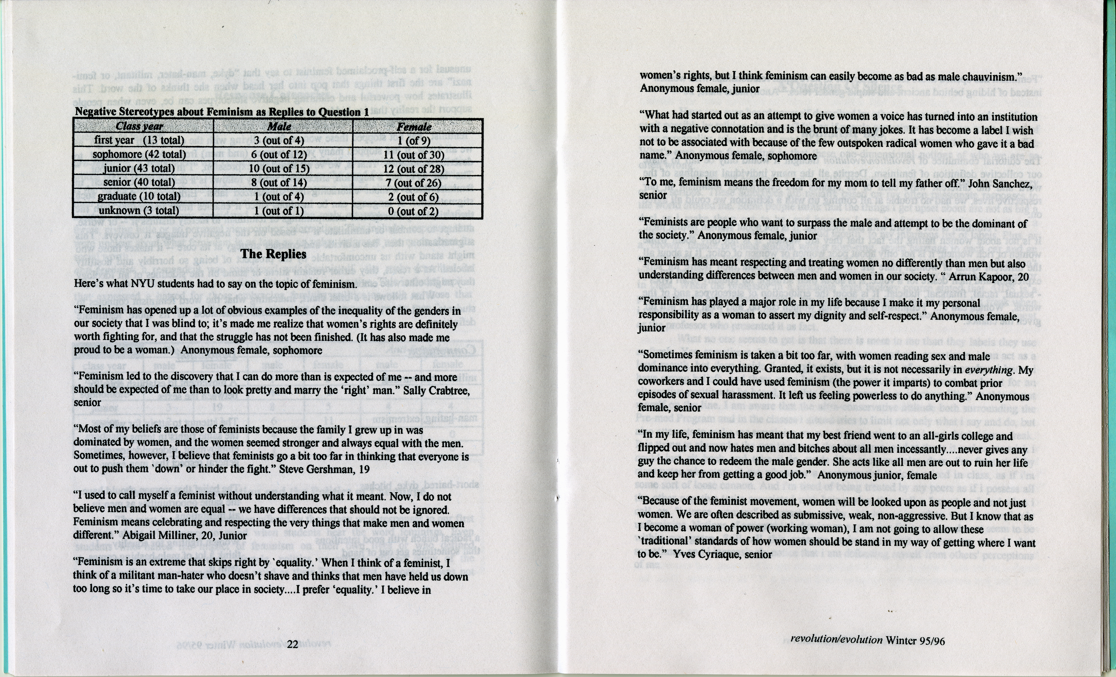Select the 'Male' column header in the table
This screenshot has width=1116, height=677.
[x=279, y=126]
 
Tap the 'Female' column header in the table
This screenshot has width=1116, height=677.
[x=414, y=126]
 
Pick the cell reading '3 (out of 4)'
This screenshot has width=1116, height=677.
[x=279, y=141]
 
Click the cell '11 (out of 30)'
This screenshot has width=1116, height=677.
[x=414, y=154]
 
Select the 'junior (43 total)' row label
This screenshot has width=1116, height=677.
[x=139, y=169]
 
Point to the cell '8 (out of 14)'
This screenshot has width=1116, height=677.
[x=279, y=183]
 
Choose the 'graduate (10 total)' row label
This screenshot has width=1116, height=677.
[x=139, y=197]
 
